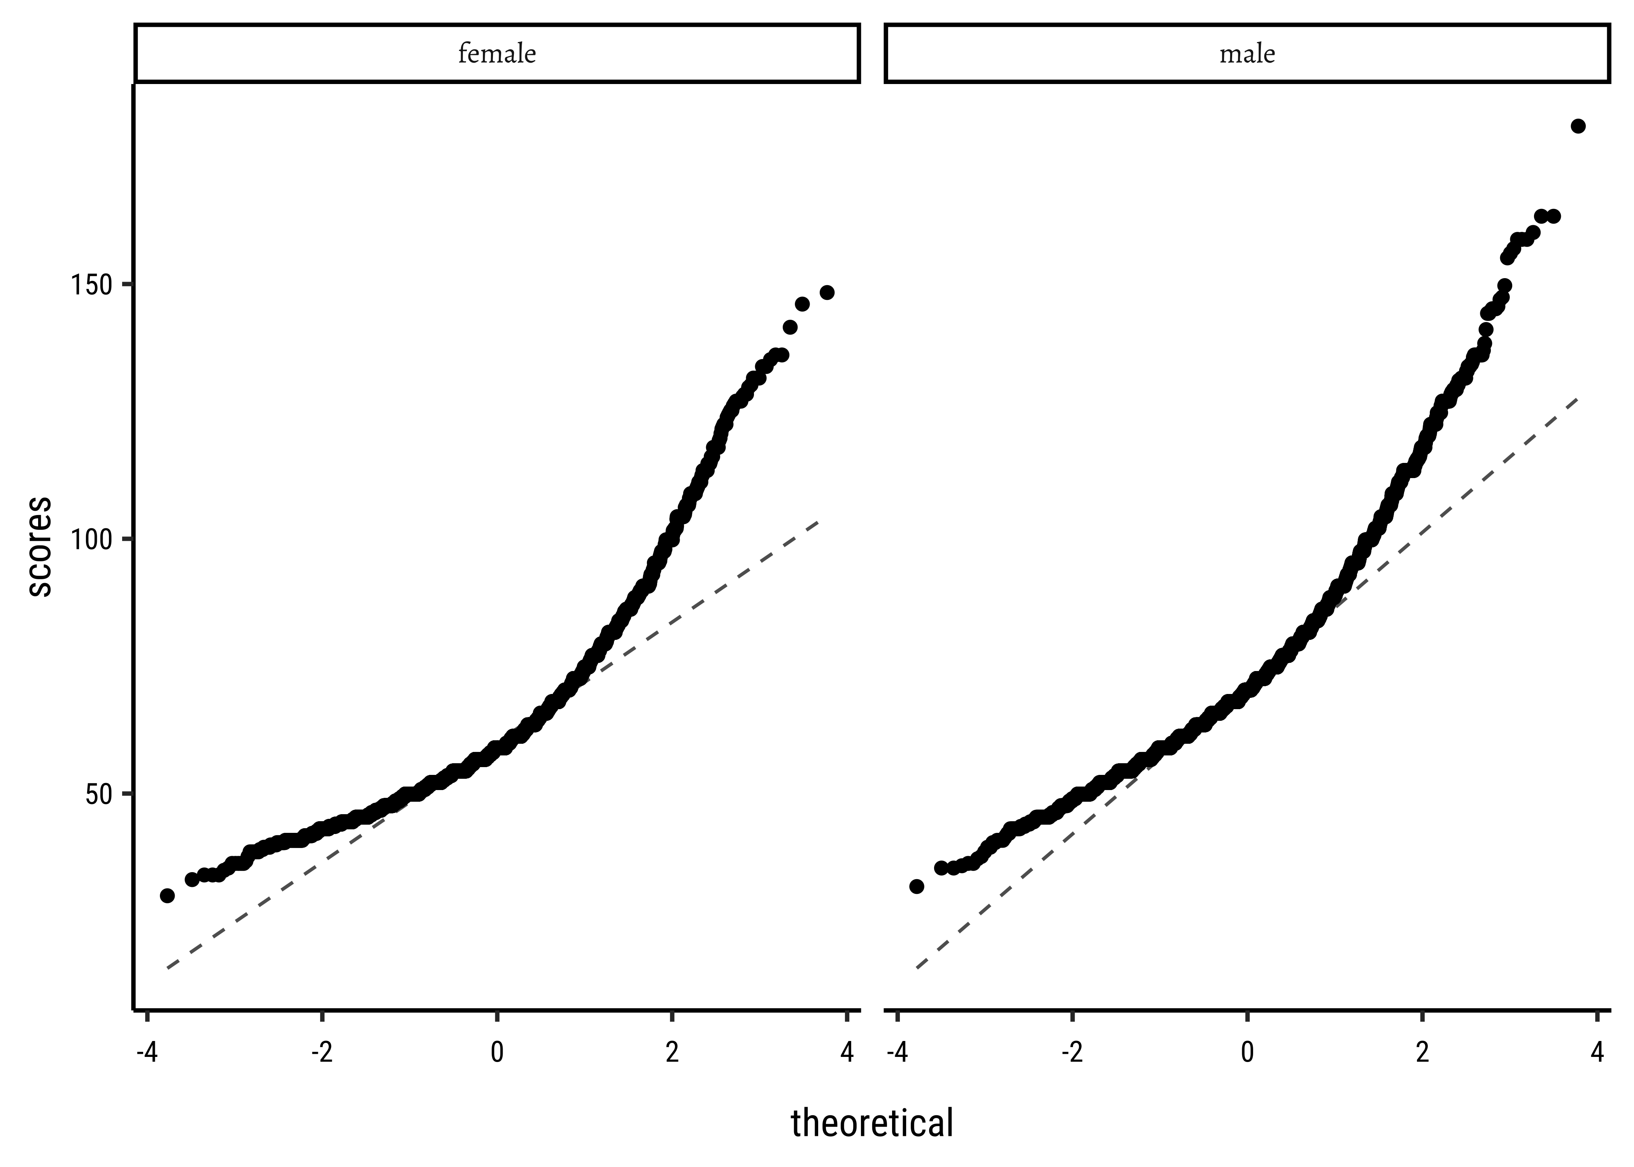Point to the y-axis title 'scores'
(x=40, y=546)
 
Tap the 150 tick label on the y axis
(x=91, y=285)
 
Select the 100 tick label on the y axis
(x=91, y=540)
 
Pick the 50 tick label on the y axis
(x=99, y=794)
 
